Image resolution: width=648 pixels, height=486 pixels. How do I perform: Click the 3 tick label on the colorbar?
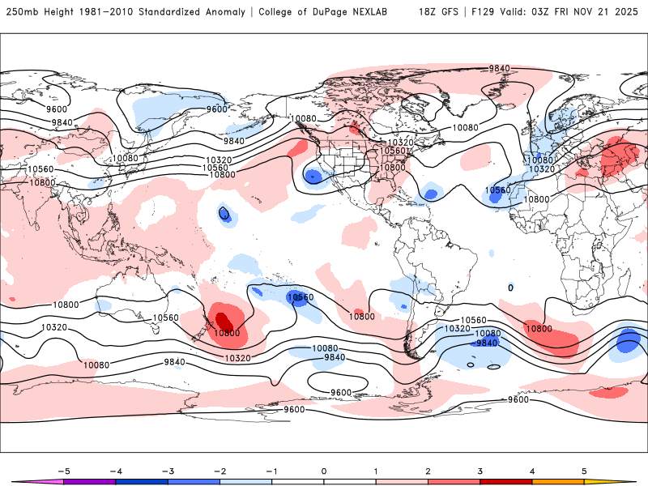click(x=480, y=471)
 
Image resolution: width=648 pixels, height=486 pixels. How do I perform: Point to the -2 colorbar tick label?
click(x=219, y=471)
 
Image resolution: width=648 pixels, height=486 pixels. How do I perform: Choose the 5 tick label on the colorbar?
click(x=584, y=471)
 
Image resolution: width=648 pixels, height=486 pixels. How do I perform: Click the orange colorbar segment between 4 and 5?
click(x=558, y=481)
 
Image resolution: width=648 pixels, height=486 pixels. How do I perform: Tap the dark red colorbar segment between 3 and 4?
click(x=506, y=481)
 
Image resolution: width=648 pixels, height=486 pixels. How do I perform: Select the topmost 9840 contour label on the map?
click(x=500, y=69)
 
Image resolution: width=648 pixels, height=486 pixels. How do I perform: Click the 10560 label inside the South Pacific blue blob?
click(x=300, y=297)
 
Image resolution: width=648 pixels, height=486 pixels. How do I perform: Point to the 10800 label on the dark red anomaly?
click(x=227, y=333)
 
